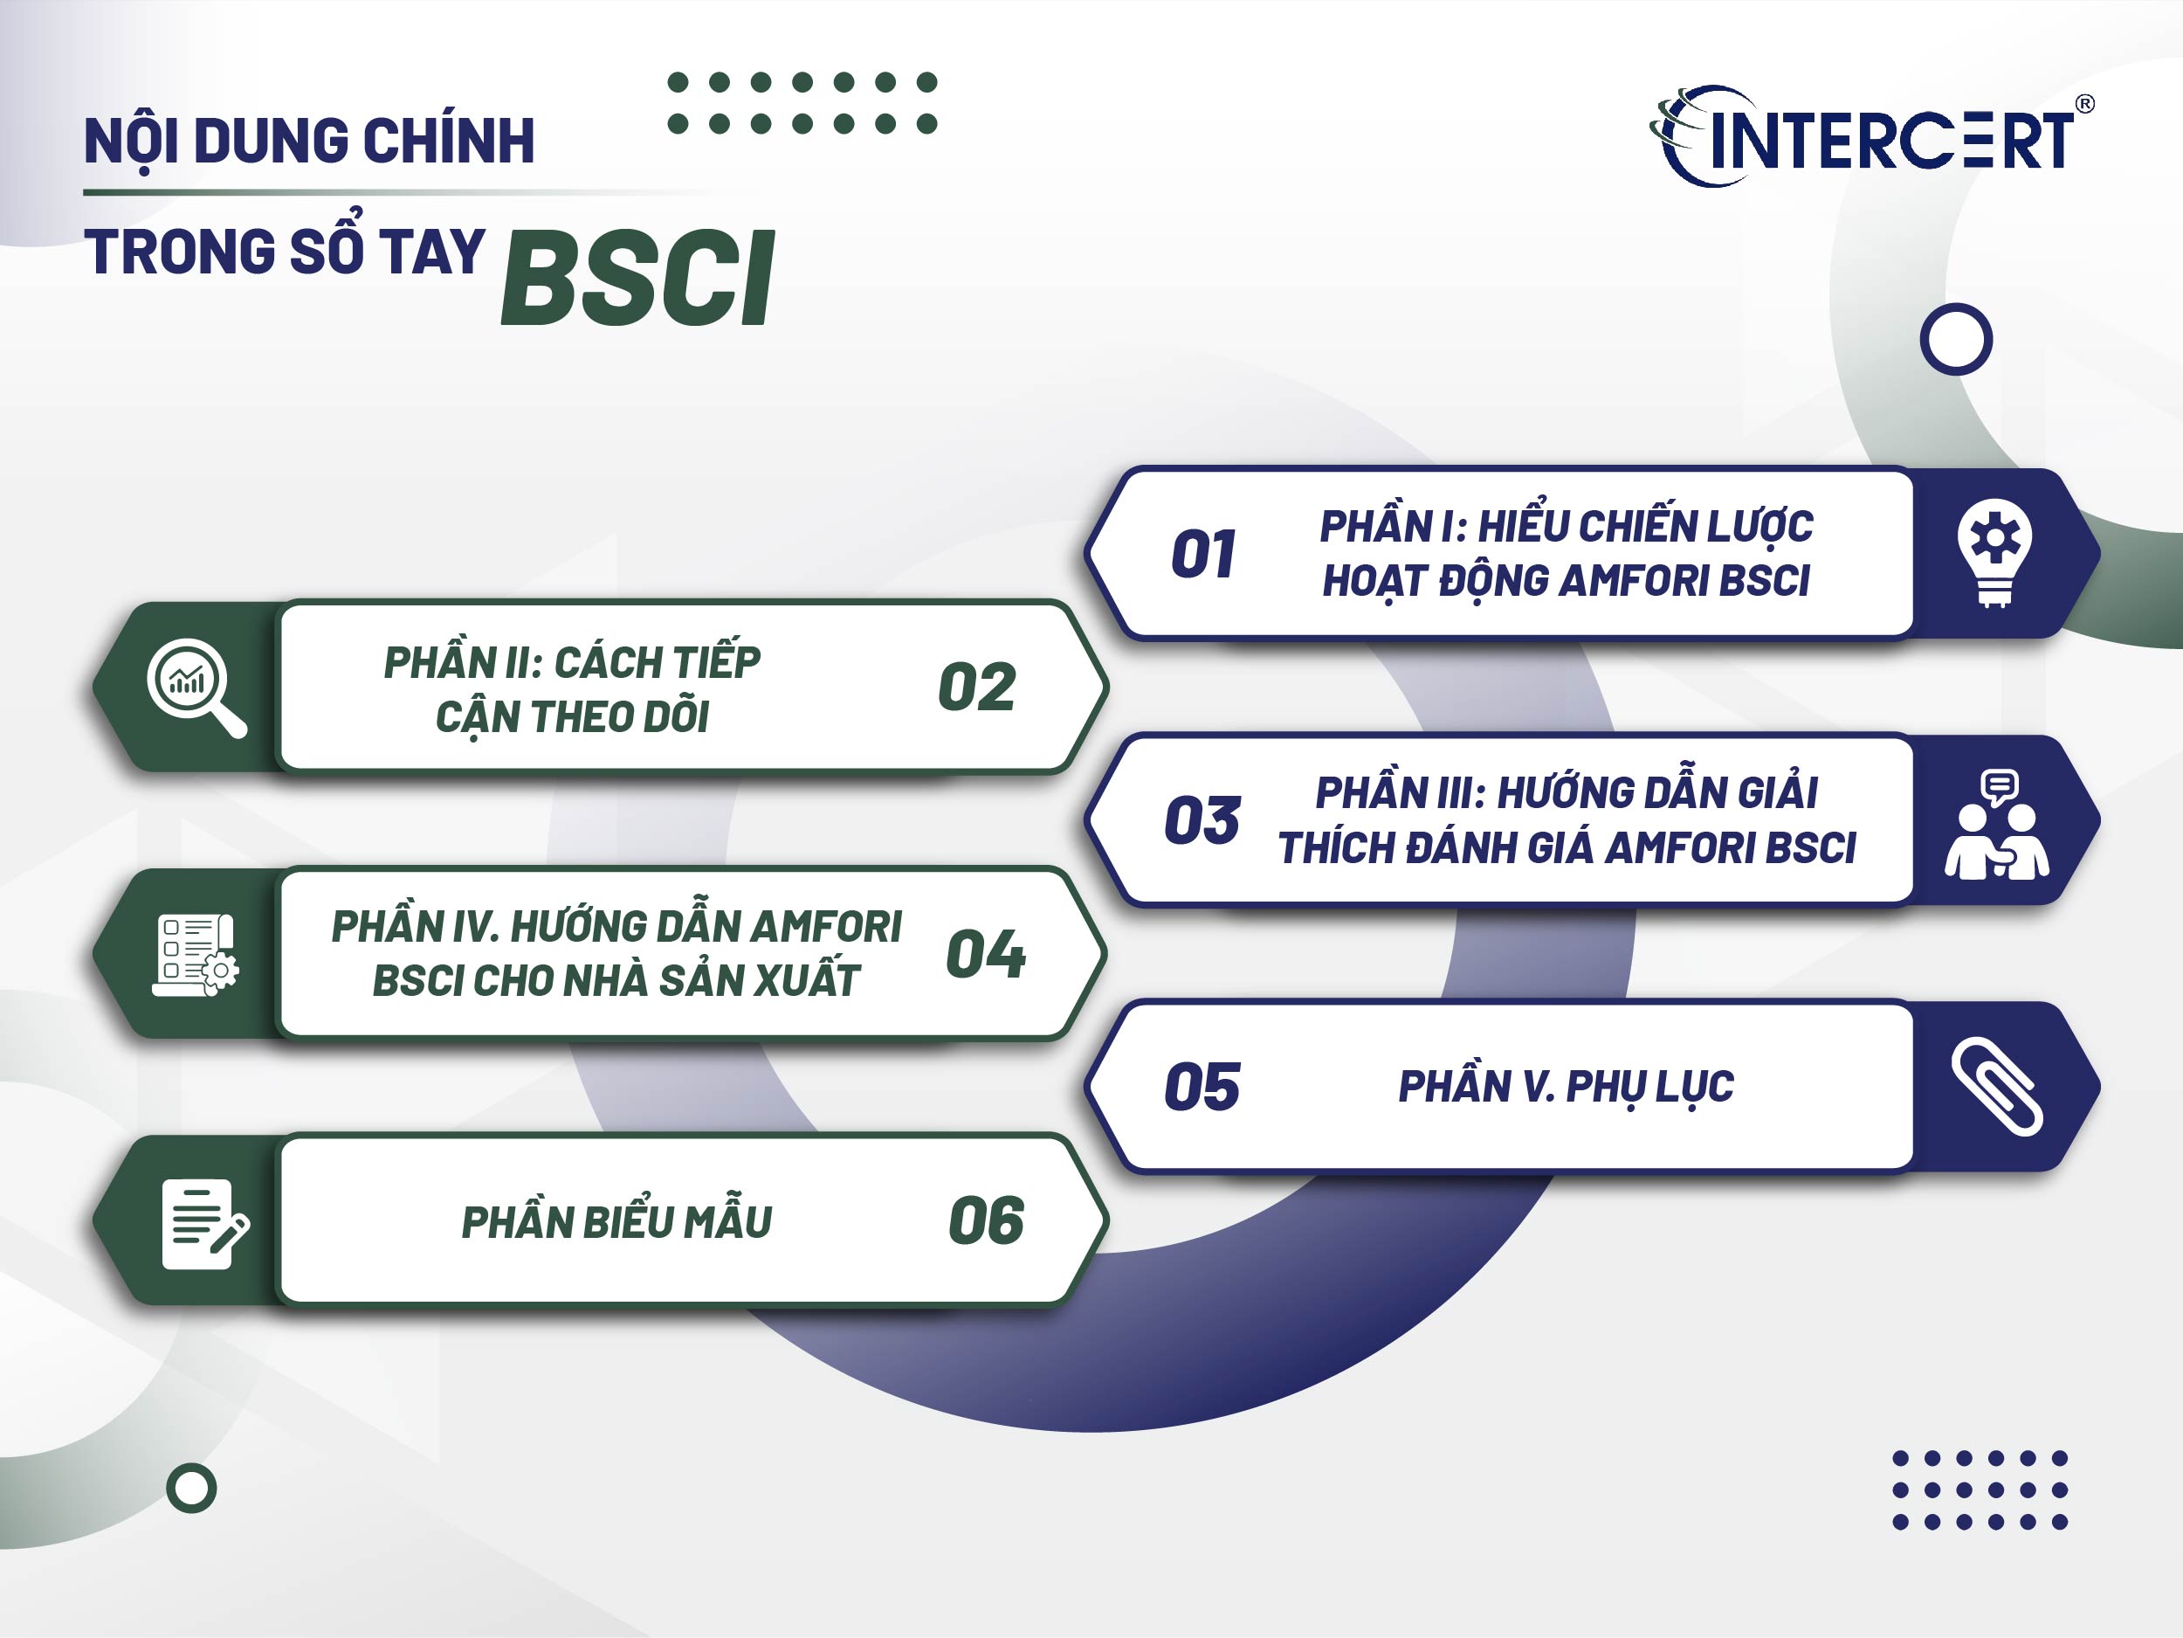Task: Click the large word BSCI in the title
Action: tap(638, 279)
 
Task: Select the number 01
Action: tap(1202, 554)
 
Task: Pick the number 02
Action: tap(976, 688)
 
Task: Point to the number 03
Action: tap(1202, 820)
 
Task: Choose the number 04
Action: tap(985, 954)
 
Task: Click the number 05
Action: tap(1202, 1087)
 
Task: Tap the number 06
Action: tap(985, 1220)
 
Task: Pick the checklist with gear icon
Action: tap(196, 954)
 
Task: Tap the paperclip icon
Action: tap(1996, 1086)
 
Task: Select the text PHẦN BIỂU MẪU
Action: tap(616, 1222)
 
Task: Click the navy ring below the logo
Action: tap(1956, 340)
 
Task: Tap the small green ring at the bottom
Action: tap(191, 1488)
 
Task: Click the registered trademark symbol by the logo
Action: tap(2084, 104)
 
